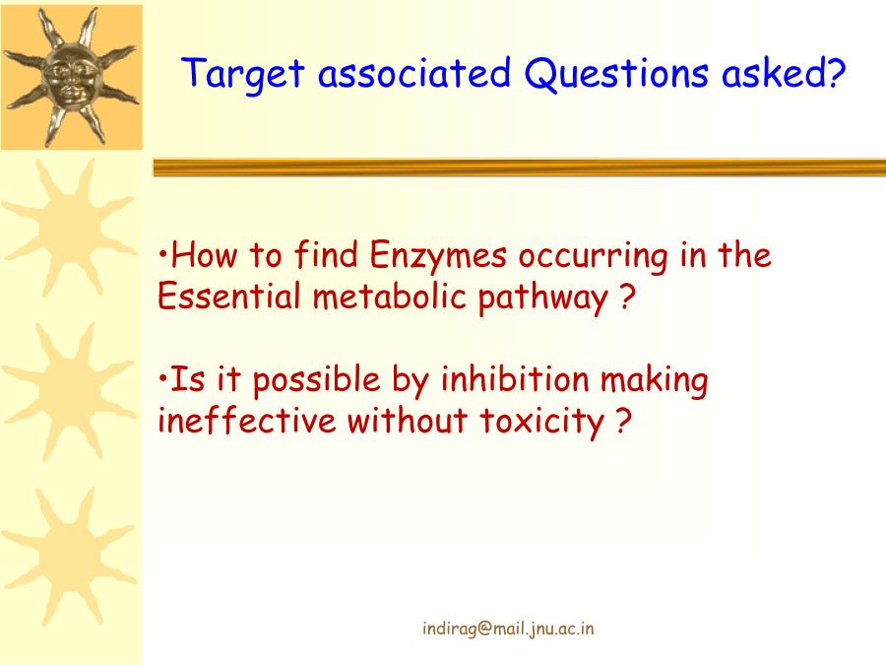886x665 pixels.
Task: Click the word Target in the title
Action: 243,74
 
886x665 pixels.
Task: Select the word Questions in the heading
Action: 616,74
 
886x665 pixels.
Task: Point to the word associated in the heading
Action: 414,73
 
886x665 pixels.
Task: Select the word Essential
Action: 228,296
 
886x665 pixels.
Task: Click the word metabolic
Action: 389,296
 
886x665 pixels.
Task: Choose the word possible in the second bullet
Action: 316,380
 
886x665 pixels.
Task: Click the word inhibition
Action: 515,379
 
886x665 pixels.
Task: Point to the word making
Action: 654,381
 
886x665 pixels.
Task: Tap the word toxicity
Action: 542,423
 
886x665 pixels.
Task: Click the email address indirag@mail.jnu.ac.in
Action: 508,629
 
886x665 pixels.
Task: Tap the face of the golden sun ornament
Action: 71,78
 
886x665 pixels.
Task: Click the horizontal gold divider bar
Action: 519,167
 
